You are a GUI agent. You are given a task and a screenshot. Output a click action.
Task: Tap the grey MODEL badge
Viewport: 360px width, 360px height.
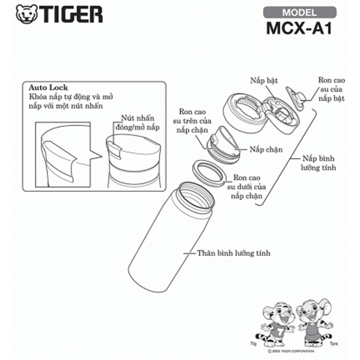[300, 12]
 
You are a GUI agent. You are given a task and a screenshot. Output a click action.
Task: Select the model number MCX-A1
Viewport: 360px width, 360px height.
[299, 28]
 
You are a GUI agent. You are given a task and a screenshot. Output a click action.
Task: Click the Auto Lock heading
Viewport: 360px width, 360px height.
[48, 87]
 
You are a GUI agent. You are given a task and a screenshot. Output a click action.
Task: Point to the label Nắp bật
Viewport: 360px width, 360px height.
[264, 81]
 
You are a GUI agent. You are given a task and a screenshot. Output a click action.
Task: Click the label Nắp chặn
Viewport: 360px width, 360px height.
[266, 149]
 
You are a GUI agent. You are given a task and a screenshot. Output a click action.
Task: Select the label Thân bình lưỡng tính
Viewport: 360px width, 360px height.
[234, 253]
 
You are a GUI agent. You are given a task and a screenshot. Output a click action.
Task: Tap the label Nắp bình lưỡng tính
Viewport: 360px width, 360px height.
[319, 163]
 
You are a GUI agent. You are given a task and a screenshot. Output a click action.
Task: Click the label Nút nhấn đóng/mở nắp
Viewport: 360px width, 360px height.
[137, 123]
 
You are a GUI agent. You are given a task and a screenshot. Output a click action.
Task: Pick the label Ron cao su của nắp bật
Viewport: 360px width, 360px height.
[331, 89]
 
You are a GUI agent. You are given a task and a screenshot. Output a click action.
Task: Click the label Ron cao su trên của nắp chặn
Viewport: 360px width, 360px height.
[192, 121]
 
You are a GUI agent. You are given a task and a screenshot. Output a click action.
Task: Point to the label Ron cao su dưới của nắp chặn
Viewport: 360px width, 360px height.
[247, 186]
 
